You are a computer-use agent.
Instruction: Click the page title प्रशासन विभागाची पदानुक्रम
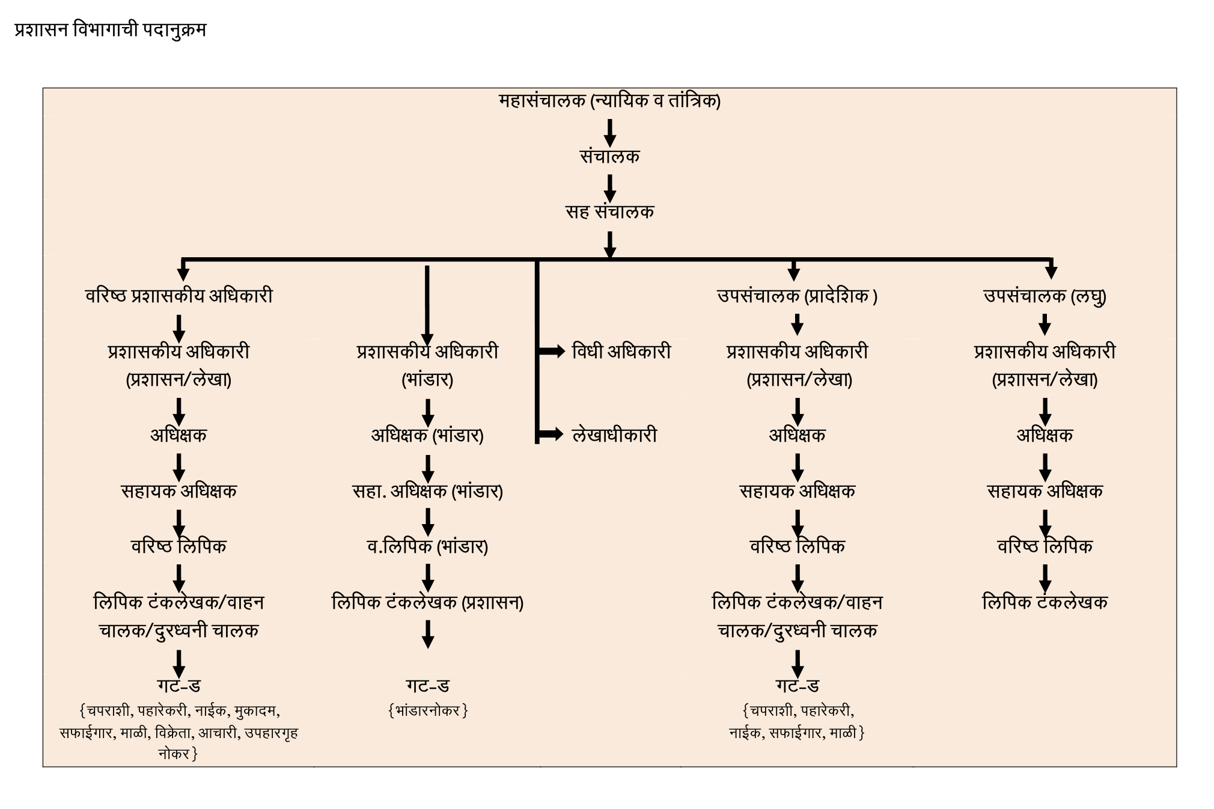[110, 30]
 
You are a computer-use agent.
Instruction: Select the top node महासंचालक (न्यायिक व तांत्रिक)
[609, 100]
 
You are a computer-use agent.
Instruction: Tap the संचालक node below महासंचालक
[609, 156]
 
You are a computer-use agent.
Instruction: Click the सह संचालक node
[609, 212]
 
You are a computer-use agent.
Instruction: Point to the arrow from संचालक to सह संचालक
[609, 188]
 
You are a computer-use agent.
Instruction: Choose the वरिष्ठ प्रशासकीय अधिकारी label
[178, 296]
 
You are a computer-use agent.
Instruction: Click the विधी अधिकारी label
[621, 352]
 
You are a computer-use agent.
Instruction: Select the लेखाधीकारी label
[614, 435]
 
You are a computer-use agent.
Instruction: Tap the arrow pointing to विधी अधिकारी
[551, 351]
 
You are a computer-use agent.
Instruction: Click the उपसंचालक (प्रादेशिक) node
[797, 296]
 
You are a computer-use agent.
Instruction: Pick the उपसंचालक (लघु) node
[1045, 296]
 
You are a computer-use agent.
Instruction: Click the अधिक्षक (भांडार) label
[427, 435]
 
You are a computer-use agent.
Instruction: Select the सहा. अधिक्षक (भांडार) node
[427, 491]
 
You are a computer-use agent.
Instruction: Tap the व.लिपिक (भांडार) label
[427, 546]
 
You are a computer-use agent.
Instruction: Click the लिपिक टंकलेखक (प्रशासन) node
[427, 602]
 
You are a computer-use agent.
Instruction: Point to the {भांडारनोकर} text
[427, 711]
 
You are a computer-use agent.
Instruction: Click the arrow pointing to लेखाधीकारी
[551, 434]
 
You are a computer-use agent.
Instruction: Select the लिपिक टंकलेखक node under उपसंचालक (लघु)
[1045, 602]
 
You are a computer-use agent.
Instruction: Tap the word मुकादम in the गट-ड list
[256, 711]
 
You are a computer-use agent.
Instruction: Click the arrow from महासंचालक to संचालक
[609, 133]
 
